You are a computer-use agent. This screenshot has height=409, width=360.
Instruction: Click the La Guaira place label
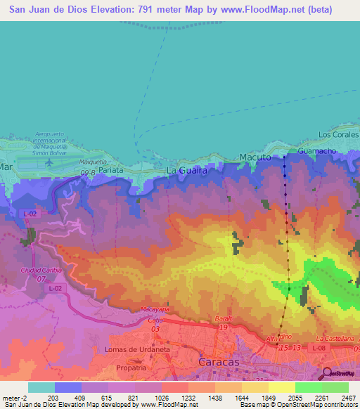point(186,171)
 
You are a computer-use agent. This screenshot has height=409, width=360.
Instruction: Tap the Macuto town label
point(255,157)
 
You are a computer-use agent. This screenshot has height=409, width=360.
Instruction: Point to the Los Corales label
point(337,134)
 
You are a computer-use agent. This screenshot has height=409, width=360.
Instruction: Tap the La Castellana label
point(335,338)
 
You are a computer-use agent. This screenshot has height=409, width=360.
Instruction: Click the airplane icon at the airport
point(49,162)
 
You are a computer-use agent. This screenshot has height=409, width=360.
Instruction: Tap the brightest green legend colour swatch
point(335,387)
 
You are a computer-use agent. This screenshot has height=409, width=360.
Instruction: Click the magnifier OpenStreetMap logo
point(327,373)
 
